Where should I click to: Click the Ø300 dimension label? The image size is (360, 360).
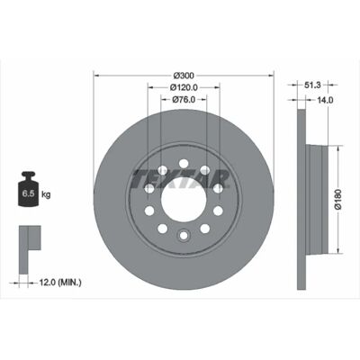click(184, 75)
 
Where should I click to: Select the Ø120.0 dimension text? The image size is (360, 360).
click(184, 87)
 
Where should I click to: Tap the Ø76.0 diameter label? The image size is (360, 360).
click(184, 99)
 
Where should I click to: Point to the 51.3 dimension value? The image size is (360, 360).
click(312, 85)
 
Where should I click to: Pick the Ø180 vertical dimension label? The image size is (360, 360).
click(337, 199)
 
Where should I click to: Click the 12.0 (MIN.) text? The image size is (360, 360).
click(60, 282)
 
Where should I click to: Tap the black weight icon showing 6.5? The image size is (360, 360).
click(29, 189)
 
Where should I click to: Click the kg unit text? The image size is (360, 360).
click(46, 194)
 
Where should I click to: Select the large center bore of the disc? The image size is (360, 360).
click(184, 200)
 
